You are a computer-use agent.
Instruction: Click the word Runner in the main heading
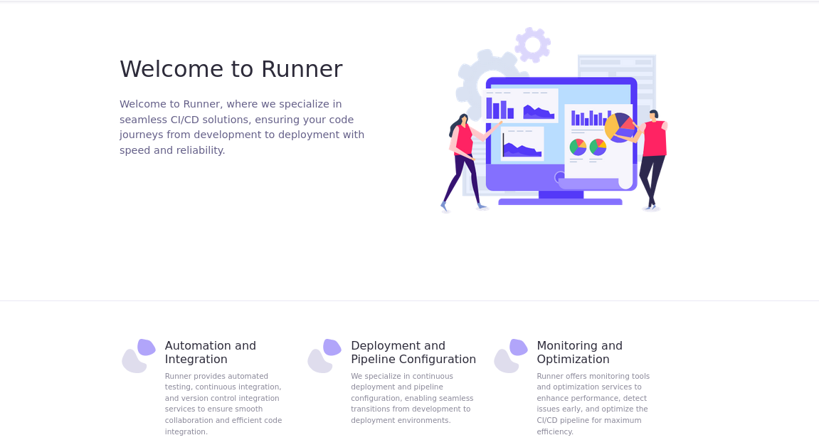coord(302,69)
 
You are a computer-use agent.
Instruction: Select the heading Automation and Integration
coord(210,352)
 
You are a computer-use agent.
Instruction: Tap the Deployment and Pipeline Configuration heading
coord(413,352)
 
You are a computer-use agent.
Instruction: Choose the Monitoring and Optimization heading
coord(579,352)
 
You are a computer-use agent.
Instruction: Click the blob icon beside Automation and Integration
coord(139,355)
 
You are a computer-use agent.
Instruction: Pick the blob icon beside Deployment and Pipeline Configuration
coord(324,355)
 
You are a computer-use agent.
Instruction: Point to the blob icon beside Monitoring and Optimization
coord(511,355)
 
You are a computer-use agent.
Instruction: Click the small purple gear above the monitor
coord(532,45)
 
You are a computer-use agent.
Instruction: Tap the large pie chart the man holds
coord(618,127)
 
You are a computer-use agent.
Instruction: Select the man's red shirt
coord(655,139)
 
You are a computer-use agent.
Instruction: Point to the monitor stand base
coord(560,201)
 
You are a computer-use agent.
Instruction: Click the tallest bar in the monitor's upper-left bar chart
coord(489,108)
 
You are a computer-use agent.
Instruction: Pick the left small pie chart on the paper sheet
coord(578,147)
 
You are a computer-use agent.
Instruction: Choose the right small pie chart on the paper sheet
coord(598,147)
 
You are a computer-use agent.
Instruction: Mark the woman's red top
coord(463,140)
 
